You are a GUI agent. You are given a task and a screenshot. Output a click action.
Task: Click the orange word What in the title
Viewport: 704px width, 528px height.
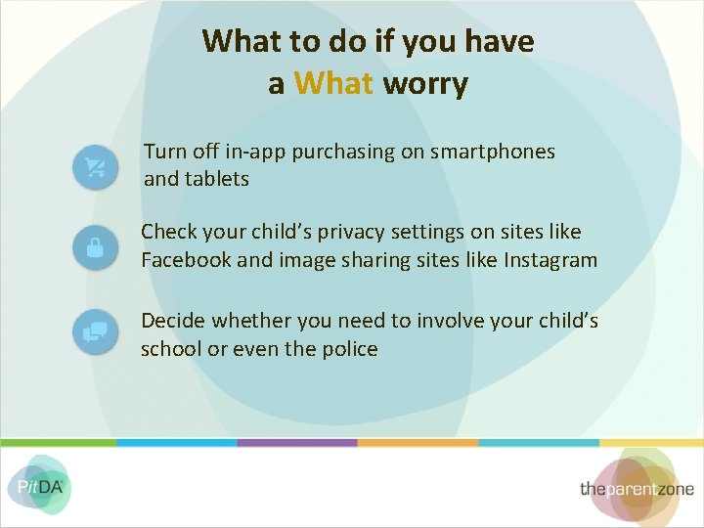click(333, 83)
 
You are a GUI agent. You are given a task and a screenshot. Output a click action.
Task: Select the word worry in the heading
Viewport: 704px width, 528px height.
click(425, 83)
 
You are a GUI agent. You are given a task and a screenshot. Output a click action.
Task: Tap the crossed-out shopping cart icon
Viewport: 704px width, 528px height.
click(95, 167)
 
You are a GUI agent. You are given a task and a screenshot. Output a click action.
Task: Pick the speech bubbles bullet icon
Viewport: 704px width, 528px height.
click(95, 333)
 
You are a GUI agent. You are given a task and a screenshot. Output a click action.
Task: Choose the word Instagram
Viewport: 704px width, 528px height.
click(551, 260)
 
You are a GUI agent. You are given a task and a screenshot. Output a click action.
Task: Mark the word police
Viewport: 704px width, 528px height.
click(348, 349)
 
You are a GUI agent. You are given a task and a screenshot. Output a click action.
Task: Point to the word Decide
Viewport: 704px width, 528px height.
click(172, 322)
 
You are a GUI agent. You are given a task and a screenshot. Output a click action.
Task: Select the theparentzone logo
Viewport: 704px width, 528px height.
click(636, 488)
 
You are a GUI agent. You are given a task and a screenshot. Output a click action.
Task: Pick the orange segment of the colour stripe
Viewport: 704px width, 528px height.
click(418, 442)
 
